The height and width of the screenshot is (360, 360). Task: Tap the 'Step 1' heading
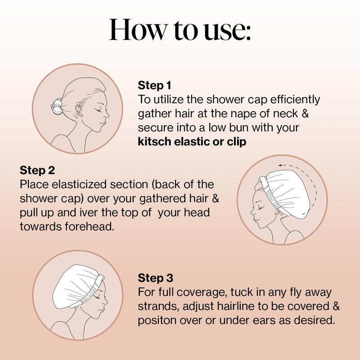click(155, 85)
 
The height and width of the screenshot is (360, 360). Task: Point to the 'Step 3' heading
click(155, 278)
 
